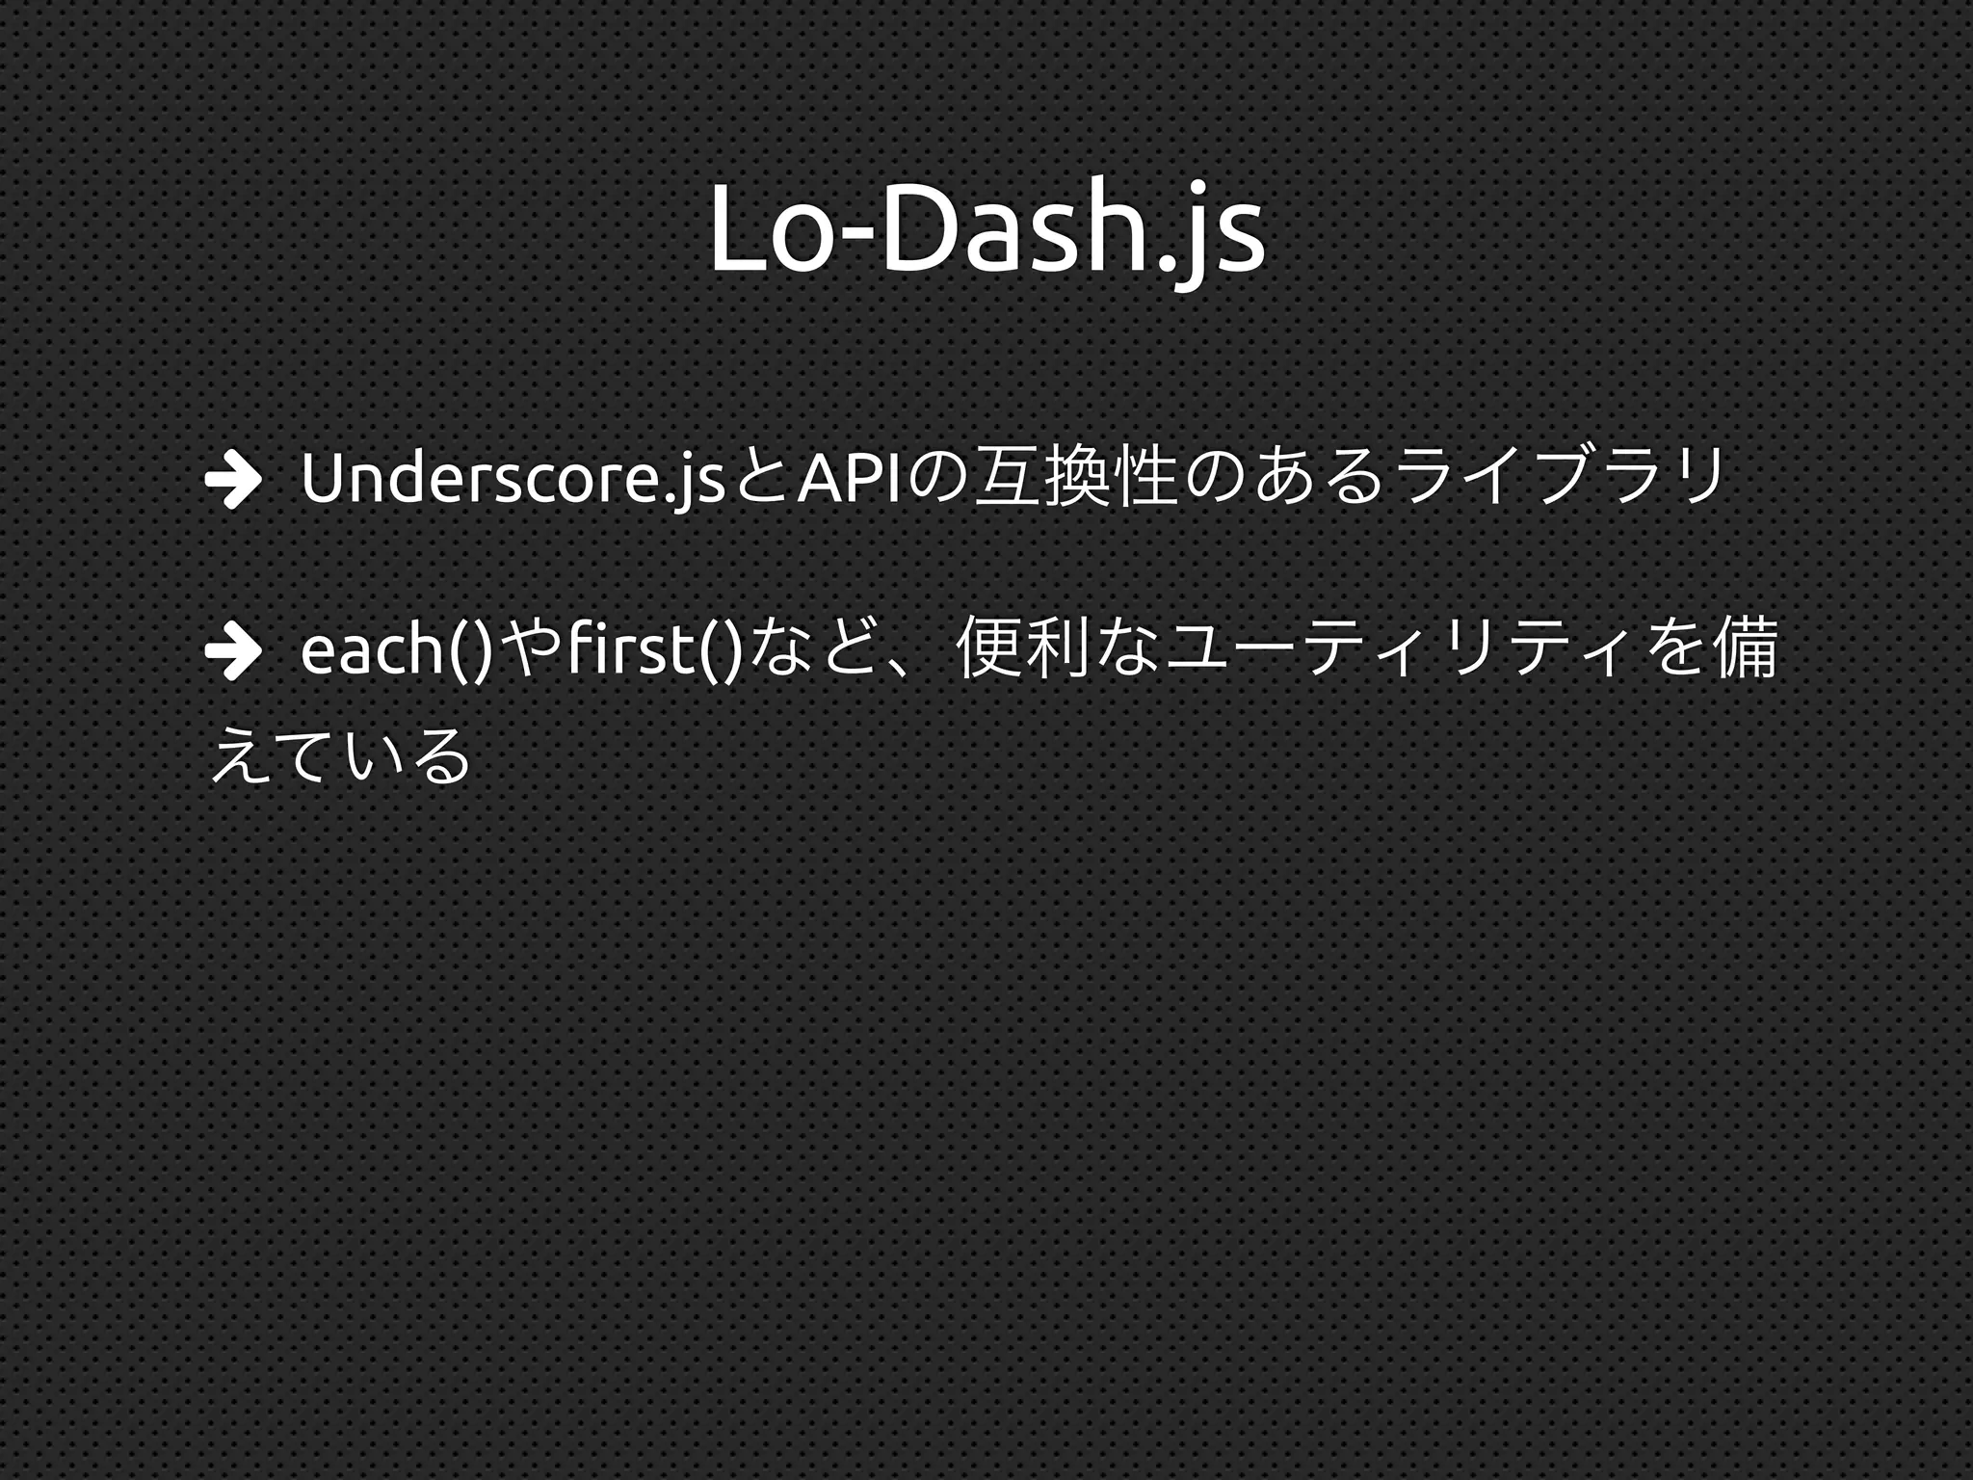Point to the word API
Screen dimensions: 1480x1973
849,479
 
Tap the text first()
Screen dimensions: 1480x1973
655,652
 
